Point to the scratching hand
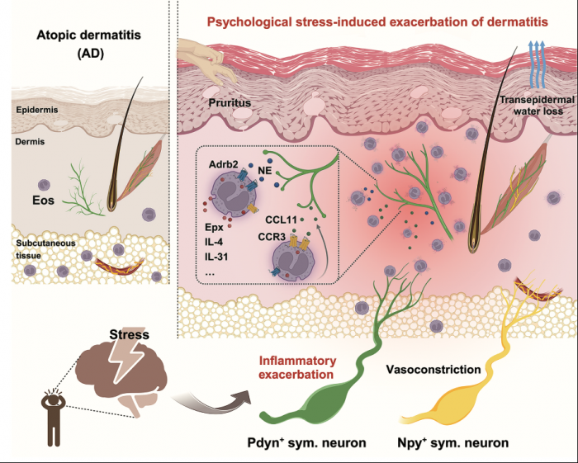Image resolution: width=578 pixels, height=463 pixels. click(x=201, y=59)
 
